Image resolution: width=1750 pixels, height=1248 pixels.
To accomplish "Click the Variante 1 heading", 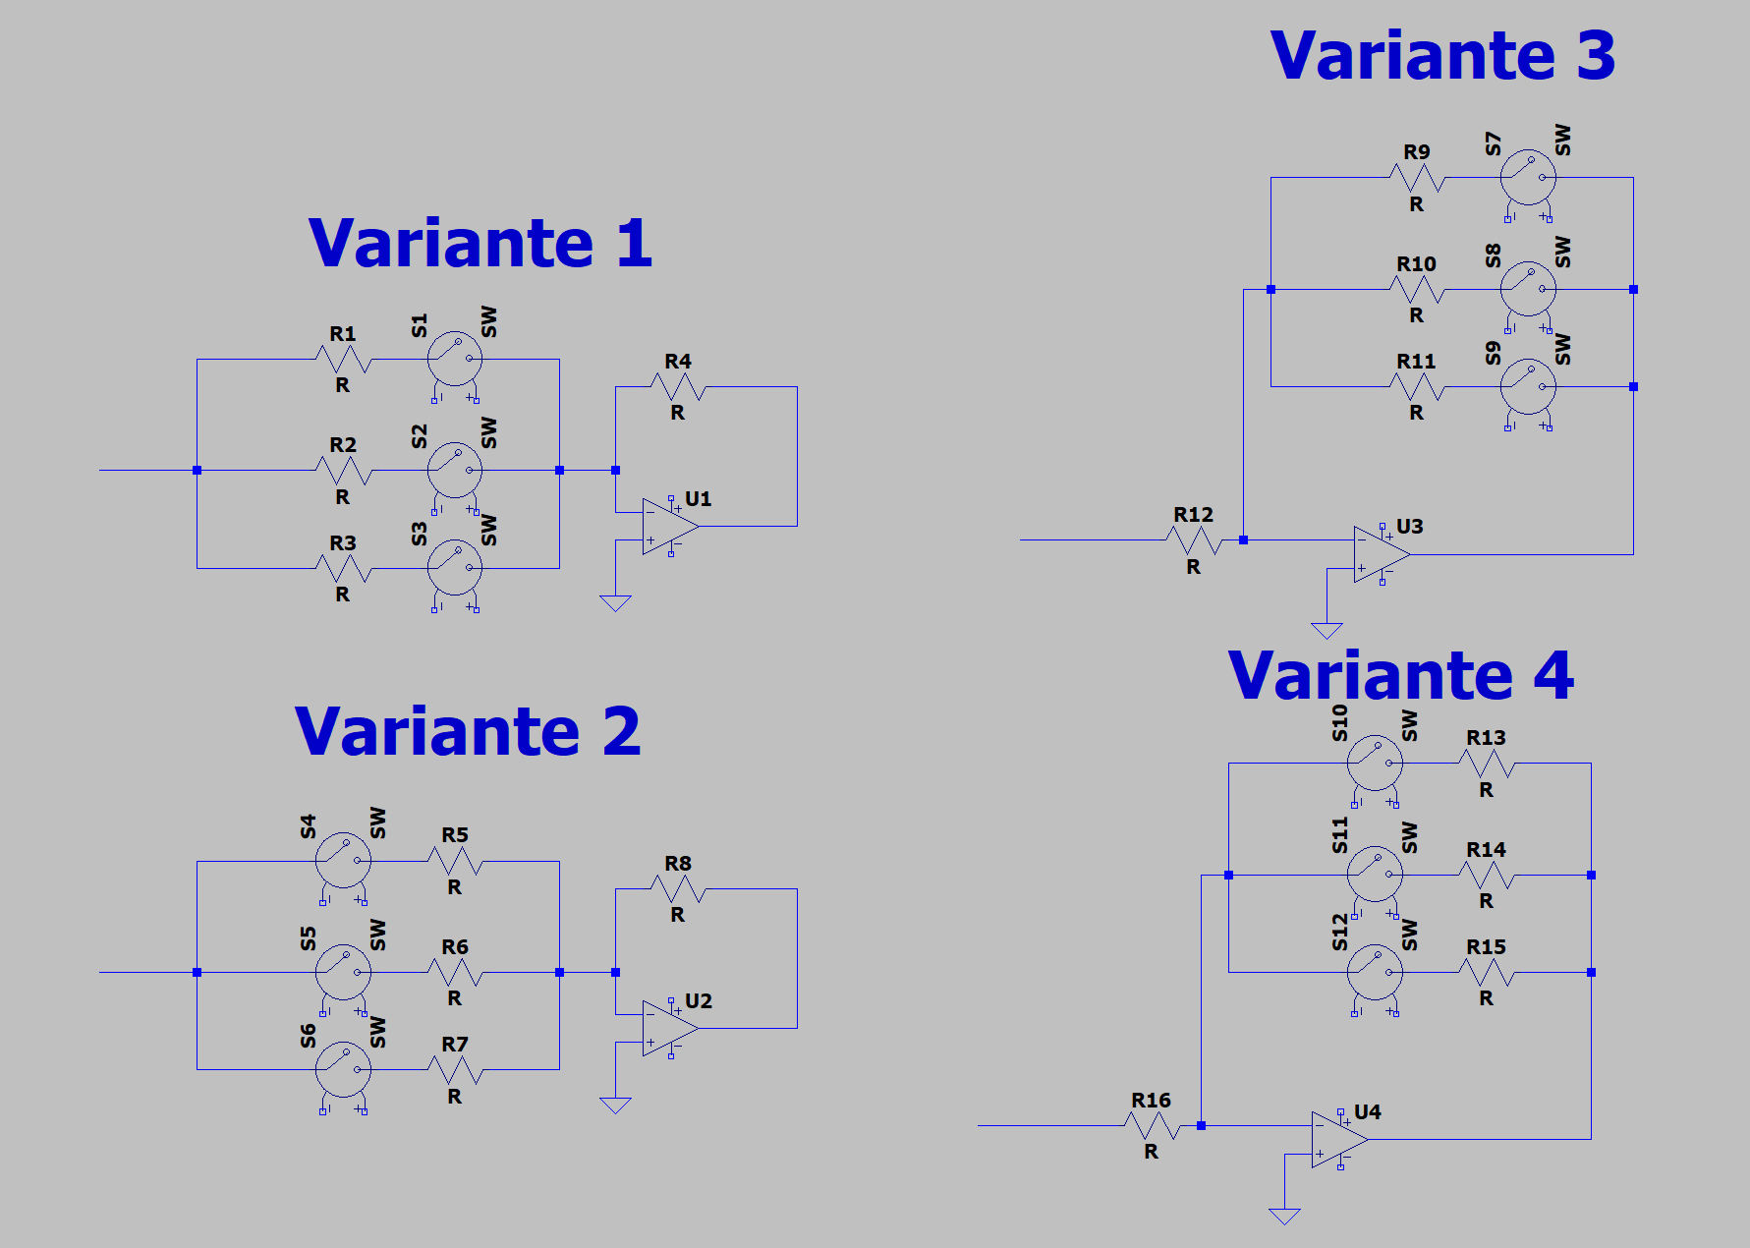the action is point(480,243).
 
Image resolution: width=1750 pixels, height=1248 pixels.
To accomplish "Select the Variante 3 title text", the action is point(1442,55).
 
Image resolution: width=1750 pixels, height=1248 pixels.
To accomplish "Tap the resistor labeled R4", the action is point(678,387).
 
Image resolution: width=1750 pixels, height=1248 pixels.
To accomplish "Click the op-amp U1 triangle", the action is point(670,526).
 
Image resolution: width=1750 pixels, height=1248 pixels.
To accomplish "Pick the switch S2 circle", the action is point(455,470).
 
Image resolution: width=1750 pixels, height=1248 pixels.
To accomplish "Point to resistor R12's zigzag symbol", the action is point(1194,540).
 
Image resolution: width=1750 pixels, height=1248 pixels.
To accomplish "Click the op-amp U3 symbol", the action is point(1382,554).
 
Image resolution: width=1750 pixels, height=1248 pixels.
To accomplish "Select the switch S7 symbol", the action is point(1528,178).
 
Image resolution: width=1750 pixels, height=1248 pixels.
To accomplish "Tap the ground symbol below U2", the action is point(615,1106).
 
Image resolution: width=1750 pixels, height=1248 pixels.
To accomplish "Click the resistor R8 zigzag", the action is point(678,889).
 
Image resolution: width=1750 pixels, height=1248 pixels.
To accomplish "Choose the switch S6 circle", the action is point(343,1069).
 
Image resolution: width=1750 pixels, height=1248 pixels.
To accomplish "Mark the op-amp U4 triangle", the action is point(1339,1140).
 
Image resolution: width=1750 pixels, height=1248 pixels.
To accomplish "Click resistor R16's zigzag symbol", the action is point(1152,1126).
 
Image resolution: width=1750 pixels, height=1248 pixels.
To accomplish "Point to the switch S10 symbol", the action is point(1375,763).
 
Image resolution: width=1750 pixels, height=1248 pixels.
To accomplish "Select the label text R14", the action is point(1486,849).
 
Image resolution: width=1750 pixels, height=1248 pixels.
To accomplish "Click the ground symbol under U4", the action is point(1284,1217).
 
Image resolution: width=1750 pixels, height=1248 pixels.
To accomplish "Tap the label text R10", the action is point(1416,263).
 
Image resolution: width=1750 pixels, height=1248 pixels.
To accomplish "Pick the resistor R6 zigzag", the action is point(455,973).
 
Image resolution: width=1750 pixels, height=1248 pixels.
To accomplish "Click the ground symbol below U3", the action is point(1327,631).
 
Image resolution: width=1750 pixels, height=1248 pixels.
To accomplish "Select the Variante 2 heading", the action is point(468,732).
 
